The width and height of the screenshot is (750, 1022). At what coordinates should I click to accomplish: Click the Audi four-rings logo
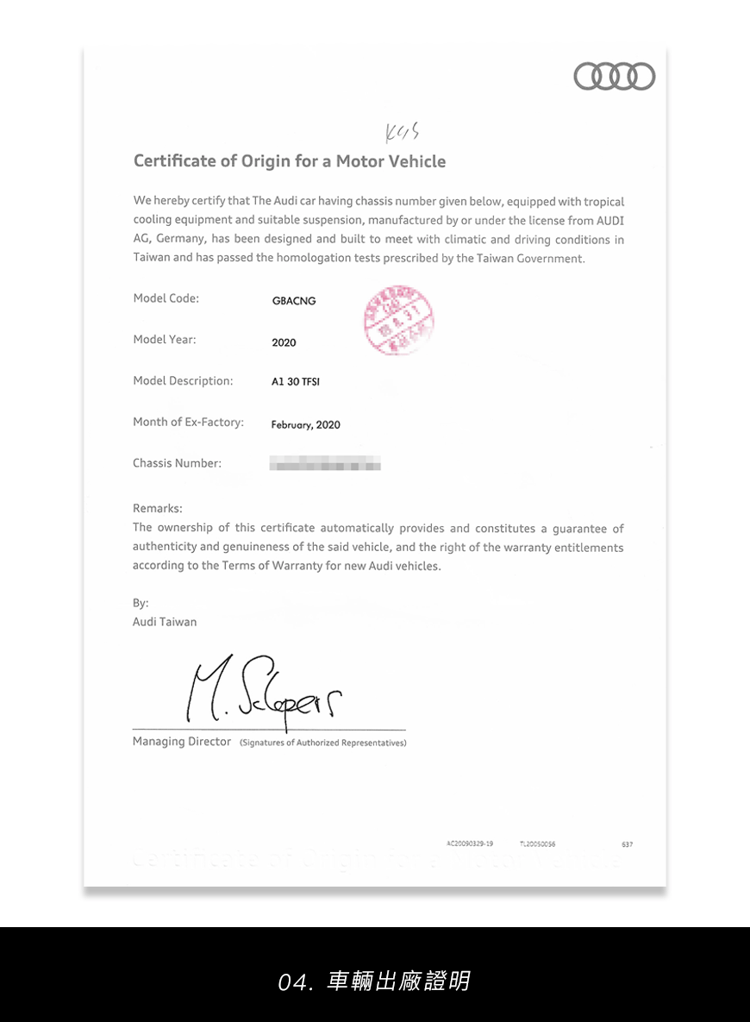pos(614,77)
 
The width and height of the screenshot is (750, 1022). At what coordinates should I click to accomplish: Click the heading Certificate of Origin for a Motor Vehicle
pos(290,161)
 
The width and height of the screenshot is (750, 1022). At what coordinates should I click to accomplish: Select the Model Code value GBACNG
pos(294,301)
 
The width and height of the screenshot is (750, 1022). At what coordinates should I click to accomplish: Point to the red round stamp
pos(399,320)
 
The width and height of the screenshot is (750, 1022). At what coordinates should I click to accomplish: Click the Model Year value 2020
pos(284,342)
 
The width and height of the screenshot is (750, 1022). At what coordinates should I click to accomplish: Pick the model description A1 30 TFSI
pos(296,381)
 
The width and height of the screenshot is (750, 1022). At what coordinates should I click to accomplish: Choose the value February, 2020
pos(305,424)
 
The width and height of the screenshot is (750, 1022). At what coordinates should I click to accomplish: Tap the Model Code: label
pos(166,298)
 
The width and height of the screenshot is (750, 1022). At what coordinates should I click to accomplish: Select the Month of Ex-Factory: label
pos(188,422)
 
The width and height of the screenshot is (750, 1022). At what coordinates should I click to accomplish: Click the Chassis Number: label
pos(177,463)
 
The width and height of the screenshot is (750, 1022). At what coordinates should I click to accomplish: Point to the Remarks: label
pos(158,509)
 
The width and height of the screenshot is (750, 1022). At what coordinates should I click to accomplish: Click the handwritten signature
pos(267,693)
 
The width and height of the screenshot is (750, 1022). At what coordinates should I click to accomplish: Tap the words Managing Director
pos(182,742)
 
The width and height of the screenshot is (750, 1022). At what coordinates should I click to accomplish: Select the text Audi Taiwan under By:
pos(165,622)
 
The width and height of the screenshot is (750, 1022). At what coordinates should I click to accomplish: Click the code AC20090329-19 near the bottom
pos(470,843)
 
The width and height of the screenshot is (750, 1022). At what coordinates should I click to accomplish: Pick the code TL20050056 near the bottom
pos(538,843)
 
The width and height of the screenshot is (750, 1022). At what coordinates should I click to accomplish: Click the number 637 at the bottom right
pos(627,844)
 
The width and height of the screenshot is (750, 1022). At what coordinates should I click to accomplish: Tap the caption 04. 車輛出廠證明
pos(374,981)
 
